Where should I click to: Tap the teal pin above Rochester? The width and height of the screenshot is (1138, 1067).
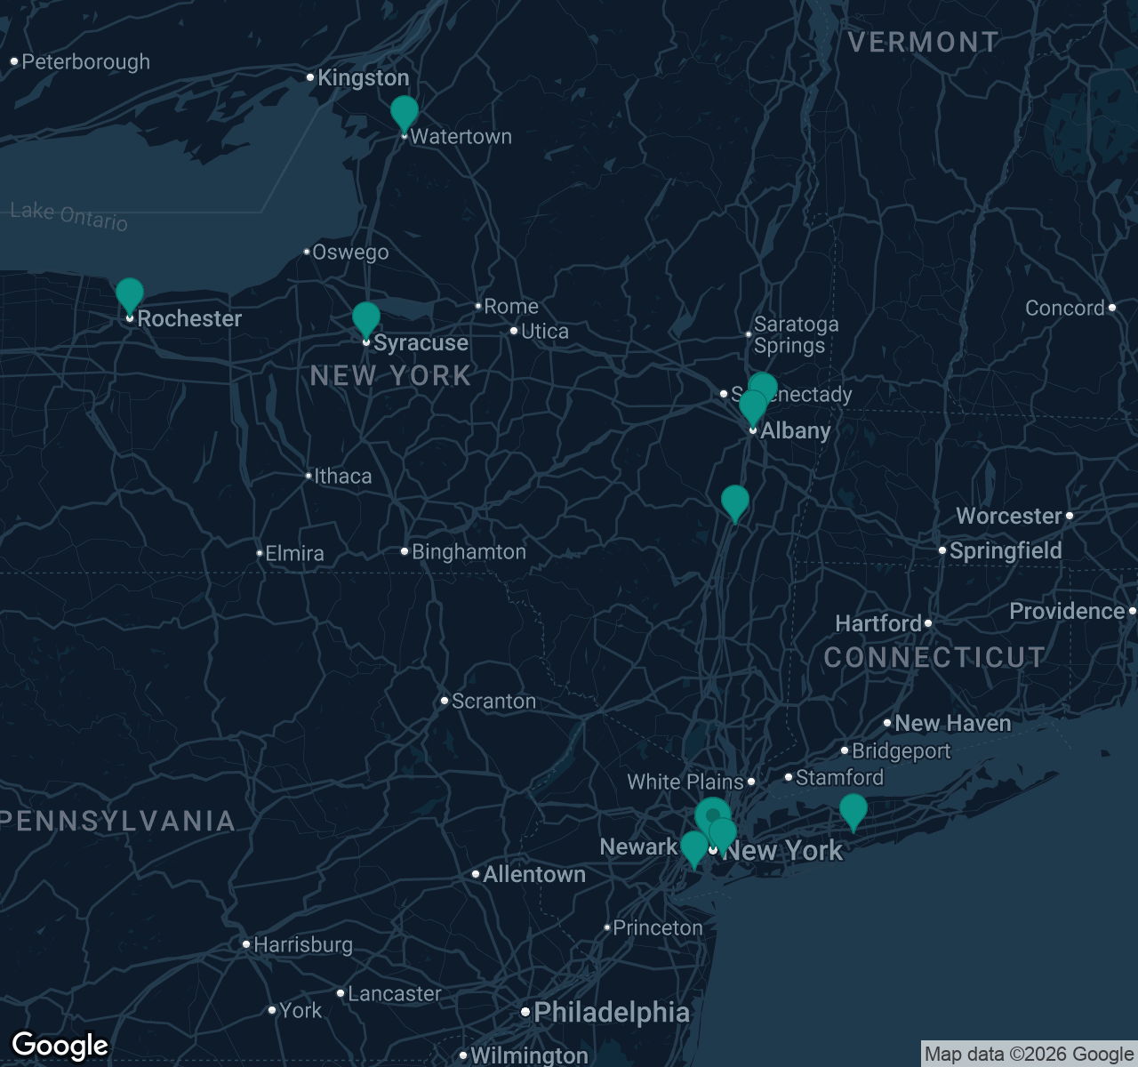click(130, 295)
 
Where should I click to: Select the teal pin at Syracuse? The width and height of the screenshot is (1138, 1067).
click(366, 319)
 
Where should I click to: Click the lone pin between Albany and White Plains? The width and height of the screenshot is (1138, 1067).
click(735, 503)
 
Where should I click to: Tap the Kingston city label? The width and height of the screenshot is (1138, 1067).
click(363, 78)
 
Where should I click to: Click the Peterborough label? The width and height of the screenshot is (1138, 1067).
click(85, 62)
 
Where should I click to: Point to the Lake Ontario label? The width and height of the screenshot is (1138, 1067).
click(69, 216)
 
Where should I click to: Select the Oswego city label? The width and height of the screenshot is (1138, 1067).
click(350, 253)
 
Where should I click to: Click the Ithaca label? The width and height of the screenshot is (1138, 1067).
click(342, 477)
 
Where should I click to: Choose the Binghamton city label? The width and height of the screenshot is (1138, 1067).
click(469, 552)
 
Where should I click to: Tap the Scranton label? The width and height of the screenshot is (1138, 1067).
click(493, 702)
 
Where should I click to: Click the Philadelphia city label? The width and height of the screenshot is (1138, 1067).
click(611, 1013)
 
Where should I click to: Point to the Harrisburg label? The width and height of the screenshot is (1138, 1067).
click(303, 945)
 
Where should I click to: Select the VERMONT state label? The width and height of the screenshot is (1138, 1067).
click(923, 42)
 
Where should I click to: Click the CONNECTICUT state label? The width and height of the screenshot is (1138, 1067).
click(934, 658)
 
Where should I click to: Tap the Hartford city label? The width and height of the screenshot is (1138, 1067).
click(878, 624)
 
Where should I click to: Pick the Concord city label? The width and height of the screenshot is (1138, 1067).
click(1065, 309)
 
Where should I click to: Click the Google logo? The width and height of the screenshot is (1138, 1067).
click(60, 1046)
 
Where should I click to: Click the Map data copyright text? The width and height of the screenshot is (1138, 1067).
click(1029, 1055)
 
